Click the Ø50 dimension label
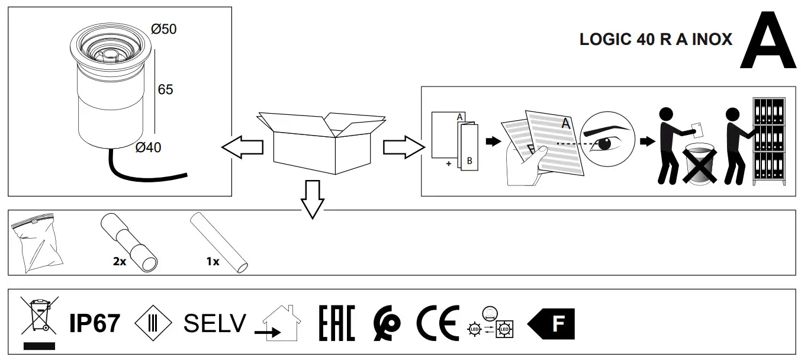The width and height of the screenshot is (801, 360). (164, 28)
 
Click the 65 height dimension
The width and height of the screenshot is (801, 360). (165, 89)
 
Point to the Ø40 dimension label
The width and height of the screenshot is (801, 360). (148, 147)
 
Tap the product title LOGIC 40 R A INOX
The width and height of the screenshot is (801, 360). (655, 40)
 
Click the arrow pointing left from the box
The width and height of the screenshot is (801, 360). (242, 147)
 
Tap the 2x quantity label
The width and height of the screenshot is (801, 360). (119, 261)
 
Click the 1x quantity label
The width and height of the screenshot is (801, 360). (213, 261)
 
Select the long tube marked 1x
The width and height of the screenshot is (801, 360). (220, 243)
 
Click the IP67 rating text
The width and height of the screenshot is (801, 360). (95, 323)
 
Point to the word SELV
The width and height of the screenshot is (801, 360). (214, 323)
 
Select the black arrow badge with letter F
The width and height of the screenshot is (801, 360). (551, 324)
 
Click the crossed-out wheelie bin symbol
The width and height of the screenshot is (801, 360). (39, 316)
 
